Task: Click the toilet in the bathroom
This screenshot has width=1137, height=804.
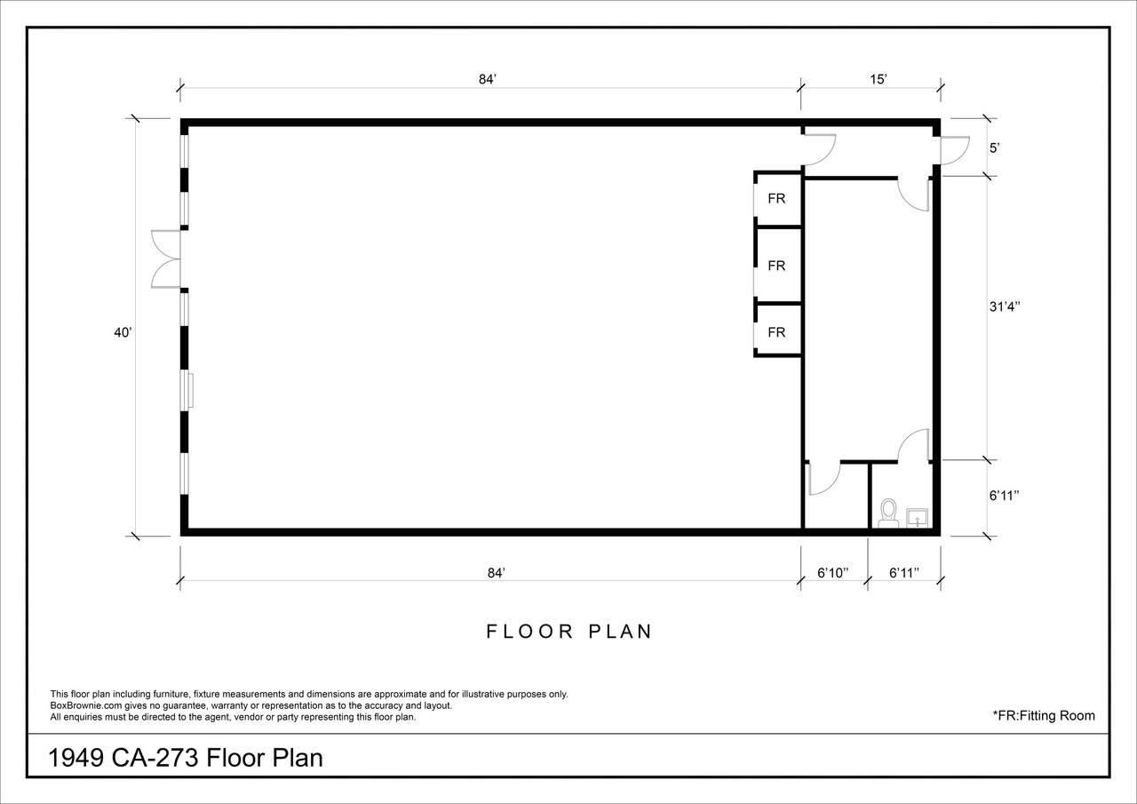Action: (x=888, y=513)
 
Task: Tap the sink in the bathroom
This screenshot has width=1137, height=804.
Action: (x=918, y=518)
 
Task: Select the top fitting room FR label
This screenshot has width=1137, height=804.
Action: (x=776, y=198)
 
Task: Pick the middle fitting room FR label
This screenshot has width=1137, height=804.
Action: (x=776, y=266)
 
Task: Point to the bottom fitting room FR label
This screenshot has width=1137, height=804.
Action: (x=776, y=332)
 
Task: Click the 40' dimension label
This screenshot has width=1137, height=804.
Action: (x=123, y=332)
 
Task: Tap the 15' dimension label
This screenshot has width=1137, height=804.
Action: (x=879, y=79)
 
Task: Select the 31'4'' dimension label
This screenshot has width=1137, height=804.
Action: (x=1005, y=306)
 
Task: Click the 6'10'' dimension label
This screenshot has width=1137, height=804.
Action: (x=833, y=572)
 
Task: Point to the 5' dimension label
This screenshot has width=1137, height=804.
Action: (x=994, y=148)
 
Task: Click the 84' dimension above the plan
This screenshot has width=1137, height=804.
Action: (x=488, y=79)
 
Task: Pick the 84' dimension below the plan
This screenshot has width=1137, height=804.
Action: (x=497, y=572)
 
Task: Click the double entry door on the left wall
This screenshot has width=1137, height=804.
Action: (x=166, y=259)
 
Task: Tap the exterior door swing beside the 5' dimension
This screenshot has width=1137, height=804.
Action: (x=955, y=151)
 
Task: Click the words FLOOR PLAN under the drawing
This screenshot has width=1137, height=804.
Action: (x=569, y=632)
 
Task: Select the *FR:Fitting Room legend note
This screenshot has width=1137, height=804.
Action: (x=1044, y=716)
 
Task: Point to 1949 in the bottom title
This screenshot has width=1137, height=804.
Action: (x=76, y=759)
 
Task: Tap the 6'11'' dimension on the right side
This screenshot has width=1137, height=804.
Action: (x=1005, y=496)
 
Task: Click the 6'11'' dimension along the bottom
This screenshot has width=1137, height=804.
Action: (x=904, y=572)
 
